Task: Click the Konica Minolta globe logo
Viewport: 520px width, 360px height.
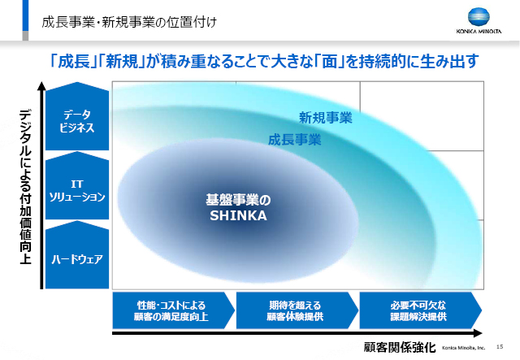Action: tap(479, 17)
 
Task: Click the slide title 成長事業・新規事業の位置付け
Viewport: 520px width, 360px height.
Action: tap(129, 22)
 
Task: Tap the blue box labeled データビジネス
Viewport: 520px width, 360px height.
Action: tap(77, 116)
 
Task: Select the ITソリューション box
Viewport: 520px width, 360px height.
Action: tap(77, 185)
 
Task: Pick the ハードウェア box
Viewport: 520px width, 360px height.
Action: tap(77, 254)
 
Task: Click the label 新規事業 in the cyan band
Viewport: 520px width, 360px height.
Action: tap(325, 118)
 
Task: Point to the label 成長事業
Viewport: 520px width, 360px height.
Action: tap(294, 140)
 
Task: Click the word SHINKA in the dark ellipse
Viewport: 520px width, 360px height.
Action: tap(238, 215)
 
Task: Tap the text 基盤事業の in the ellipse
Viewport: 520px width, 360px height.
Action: tap(238, 200)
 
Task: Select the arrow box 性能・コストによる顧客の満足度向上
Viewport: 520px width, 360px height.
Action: tap(173, 310)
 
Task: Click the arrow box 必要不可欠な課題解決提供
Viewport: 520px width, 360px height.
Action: tap(421, 310)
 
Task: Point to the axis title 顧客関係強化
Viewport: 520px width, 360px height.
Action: tap(400, 347)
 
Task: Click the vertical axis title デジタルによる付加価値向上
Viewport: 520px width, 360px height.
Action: tap(25, 187)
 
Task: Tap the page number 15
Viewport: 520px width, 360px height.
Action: tap(500, 347)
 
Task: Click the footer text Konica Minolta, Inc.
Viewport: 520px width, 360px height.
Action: tap(463, 347)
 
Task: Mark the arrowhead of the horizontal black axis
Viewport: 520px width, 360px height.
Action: tap(479, 333)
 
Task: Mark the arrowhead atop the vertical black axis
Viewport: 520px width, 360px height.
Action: tap(41, 86)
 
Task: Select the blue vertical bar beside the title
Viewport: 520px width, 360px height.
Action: tap(25, 15)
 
